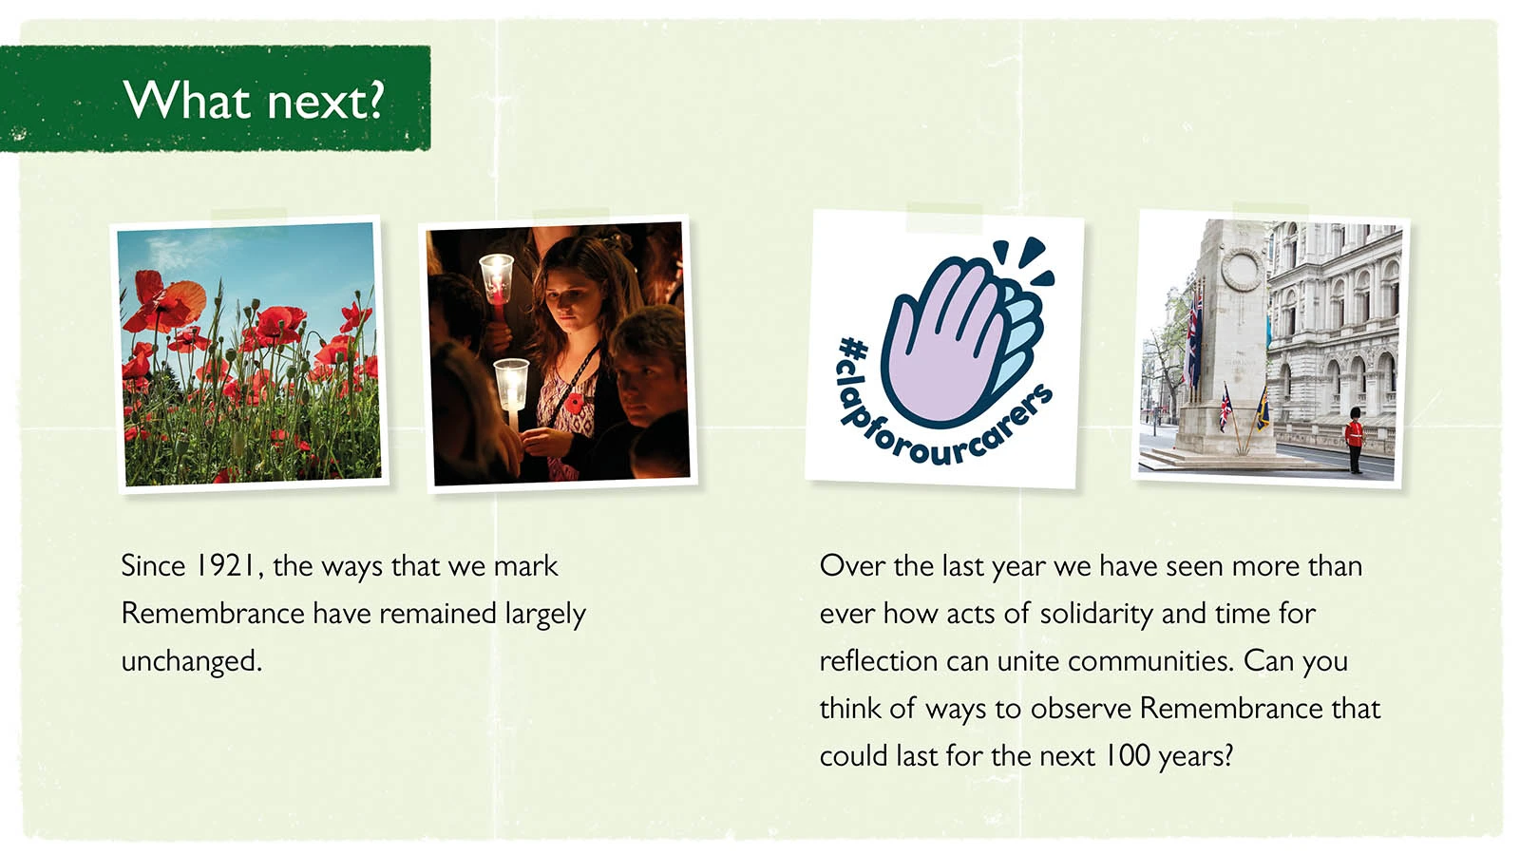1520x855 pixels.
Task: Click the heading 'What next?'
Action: coord(255,101)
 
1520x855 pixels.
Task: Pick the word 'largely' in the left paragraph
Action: coord(545,615)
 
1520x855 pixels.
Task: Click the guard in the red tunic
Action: coord(1355,440)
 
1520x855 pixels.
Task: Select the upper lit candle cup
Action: coord(497,279)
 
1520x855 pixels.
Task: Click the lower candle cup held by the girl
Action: coord(511,384)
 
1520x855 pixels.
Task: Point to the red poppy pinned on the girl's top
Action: coord(574,403)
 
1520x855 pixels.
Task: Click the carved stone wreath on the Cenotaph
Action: coord(1242,270)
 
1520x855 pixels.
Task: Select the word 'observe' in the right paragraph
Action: coord(1080,709)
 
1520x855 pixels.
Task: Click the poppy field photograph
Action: coord(249,352)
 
